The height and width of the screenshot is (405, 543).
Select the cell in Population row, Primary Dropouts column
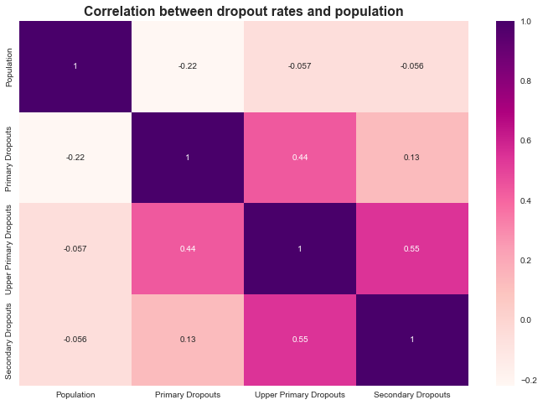(x=187, y=66)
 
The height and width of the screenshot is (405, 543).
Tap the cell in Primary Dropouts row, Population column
(x=75, y=157)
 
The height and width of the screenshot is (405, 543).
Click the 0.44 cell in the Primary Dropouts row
(x=299, y=157)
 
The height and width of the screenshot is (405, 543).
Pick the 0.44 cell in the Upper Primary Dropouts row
(x=187, y=248)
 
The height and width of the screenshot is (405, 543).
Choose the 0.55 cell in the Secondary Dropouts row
(x=299, y=339)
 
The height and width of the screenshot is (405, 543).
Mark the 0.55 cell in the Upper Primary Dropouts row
(x=411, y=248)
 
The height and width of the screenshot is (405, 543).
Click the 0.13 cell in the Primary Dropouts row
(x=411, y=157)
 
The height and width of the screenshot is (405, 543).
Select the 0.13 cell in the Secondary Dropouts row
(x=187, y=339)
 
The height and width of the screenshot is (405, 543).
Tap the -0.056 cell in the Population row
(x=411, y=66)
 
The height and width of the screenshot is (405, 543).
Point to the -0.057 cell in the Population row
(x=299, y=66)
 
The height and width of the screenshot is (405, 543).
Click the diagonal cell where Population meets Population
(x=75, y=66)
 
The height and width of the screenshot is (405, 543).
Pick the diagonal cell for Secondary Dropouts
(x=411, y=339)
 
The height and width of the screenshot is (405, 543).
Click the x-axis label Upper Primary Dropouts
(x=299, y=394)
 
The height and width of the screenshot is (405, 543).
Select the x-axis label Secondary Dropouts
(x=411, y=394)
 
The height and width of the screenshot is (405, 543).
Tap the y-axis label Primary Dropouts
(x=10, y=157)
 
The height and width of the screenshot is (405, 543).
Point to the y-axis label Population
(x=10, y=66)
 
